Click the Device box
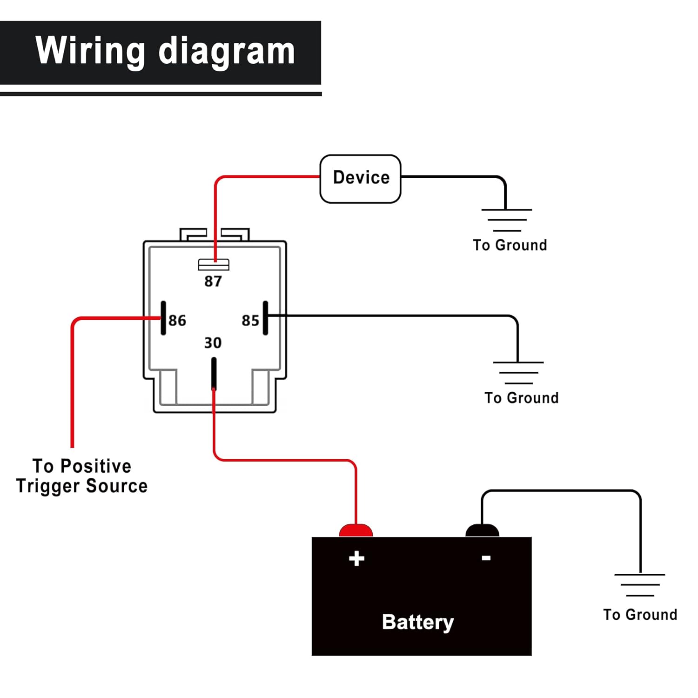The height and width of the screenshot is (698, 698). tap(360, 179)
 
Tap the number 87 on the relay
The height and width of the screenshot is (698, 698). tap(213, 281)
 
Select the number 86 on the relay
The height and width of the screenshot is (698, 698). tap(177, 320)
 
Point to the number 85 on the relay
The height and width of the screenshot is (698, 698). tap(250, 320)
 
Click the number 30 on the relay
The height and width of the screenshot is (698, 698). tap(213, 343)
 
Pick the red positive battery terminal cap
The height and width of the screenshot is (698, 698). tap(356, 530)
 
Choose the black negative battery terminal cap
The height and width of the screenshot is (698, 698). tap(482, 530)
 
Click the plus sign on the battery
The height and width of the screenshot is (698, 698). tap(356, 558)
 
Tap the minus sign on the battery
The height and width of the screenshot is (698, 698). tap(486, 557)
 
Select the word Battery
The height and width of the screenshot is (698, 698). tap(417, 622)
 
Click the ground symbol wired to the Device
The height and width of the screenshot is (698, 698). tap(507, 220)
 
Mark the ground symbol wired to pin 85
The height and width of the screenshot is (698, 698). tap(518, 373)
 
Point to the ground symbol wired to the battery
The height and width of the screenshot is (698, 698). tap(640, 585)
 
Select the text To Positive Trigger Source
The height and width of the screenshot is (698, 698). tap(82, 476)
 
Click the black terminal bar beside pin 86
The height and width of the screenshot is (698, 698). tap(163, 318)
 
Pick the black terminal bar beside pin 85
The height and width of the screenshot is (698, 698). tap(265, 318)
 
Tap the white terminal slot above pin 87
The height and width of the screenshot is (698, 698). tap(214, 265)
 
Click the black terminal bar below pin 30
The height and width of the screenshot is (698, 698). tap(214, 373)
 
